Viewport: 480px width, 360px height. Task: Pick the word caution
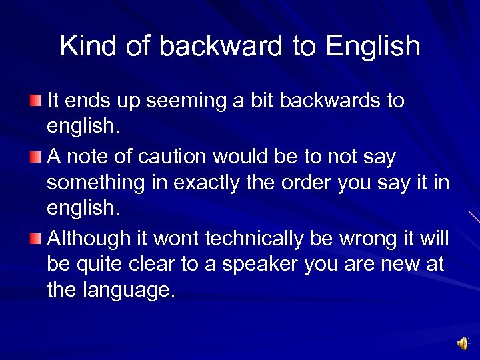pyautogui.click(x=174, y=157)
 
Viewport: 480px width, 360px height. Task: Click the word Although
pyautogui.click(x=89, y=238)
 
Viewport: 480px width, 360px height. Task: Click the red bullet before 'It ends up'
pyautogui.click(x=35, y=101)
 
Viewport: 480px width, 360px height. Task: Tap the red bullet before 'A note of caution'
pyautogui.click(x=35, y=157)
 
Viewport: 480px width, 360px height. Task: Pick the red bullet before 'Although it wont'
pyautogui.click(x=35, y=238)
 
